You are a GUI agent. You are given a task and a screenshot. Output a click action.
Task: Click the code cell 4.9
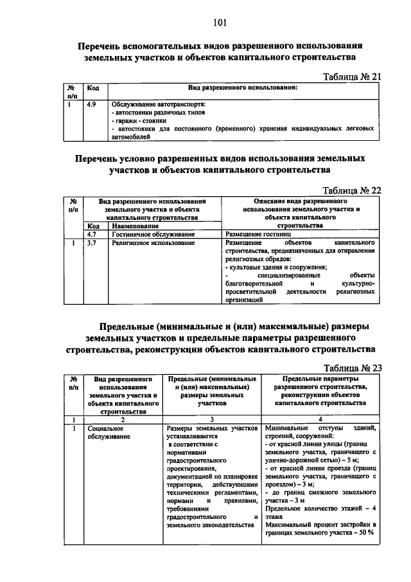tap(91, 103)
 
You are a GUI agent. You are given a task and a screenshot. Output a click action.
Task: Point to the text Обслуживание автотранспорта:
tap(158, 104)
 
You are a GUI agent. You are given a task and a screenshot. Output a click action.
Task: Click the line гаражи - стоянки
tap(139, 120)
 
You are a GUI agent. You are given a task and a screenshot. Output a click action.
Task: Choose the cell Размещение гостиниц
tap(252, 235)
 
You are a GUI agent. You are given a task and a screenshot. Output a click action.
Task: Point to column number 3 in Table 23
tap(212, 419)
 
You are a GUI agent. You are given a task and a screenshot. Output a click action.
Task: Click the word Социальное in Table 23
tap(106, 428)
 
